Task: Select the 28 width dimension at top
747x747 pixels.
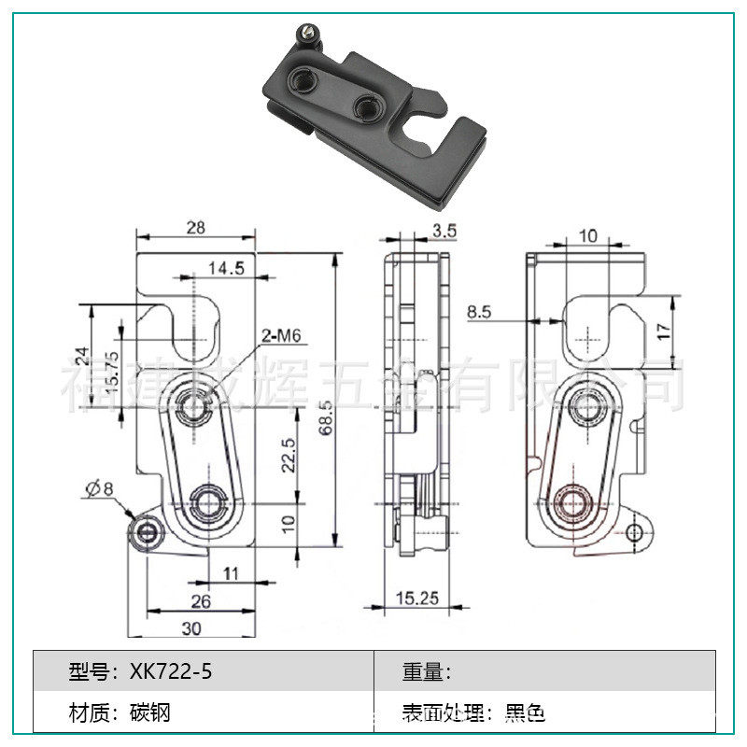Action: click(195, 227)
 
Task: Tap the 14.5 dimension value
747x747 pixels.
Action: click(226, 268)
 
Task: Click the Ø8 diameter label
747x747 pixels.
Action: click(99, 487)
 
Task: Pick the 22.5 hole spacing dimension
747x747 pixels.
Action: click(289, 455)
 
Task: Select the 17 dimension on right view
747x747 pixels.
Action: click(664, 331)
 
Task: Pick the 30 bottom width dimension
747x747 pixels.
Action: click(191, 628)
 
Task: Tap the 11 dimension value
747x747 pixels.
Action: click(232, 571)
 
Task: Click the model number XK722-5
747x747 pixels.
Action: click(165, 671)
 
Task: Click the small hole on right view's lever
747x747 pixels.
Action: click(635, 533)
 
